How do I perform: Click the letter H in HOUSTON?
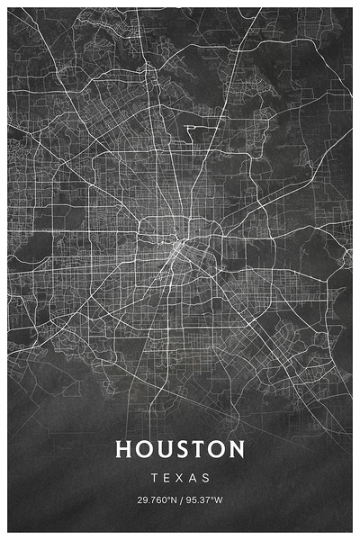tap(124, 448)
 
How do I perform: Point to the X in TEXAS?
tap(180, 477)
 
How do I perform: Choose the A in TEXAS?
tap(194, 477)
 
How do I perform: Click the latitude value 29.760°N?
tap(156, 500)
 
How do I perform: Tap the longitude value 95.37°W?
tap(206, 500)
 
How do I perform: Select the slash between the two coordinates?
tap(181, 500)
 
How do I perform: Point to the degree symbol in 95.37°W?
tap(212, 499)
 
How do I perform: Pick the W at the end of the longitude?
tap(219, 500)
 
